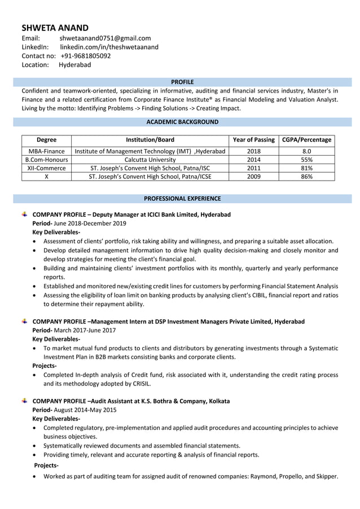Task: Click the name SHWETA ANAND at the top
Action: (x=55, y=28)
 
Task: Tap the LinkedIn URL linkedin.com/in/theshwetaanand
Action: (x=109, y=47)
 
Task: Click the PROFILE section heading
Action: (x=182, y=82)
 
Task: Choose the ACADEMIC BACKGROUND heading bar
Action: (x=182, y=122)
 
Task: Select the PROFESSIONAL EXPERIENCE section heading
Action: (x=182, y=199)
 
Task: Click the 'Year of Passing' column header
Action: (x=253, y=140)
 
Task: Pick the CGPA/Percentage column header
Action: (x=306, y=140)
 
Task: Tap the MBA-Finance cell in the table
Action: (x=46, y=151)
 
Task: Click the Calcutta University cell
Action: (x=150, y=160)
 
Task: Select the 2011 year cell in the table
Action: (x=253, y=168)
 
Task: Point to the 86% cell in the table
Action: (x=306, y=177)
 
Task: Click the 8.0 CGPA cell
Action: (x=306, y=151)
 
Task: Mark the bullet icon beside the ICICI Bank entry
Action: (x=25, y=214)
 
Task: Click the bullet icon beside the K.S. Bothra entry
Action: (x=25, y=401)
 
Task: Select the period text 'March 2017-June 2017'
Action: (x=85, y=330)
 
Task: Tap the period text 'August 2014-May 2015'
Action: (x=85, y=410)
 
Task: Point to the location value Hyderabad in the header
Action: (x=74, y=65)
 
